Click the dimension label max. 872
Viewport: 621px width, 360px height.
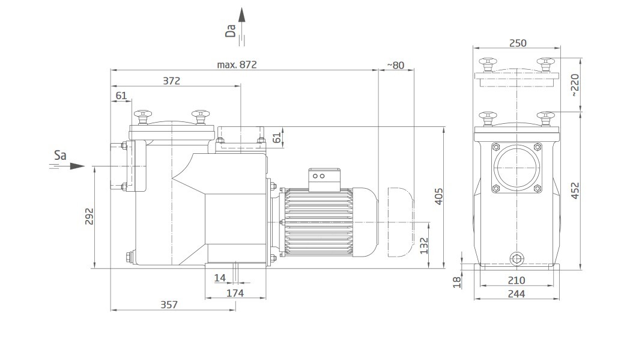pos(237,64)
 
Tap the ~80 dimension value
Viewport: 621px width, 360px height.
pos(395,65)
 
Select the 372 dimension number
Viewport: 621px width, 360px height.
pos(172,81)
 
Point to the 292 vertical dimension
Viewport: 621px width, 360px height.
pos(89,216)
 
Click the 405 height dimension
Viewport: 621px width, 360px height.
pos(439,197)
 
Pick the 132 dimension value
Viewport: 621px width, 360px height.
pos(424,246)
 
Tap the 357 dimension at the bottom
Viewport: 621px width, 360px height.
pos(169,305)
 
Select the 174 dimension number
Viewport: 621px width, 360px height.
pos(235,293)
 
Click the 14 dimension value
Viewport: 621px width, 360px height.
pos(220,278)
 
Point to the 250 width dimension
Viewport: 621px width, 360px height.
pos(518,43)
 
